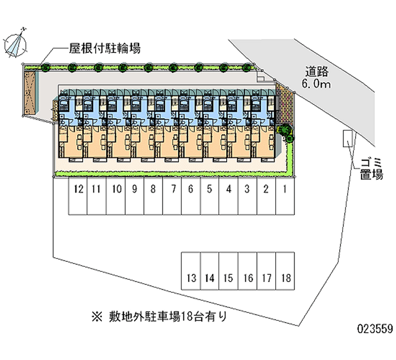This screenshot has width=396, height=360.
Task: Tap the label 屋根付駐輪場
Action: click(104, 49)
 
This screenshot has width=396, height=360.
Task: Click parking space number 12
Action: click(78, 189)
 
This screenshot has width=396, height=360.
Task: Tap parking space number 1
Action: click(285, 189)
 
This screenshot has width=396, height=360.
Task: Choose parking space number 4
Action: click(229, 189)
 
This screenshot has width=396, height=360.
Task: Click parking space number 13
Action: click(191, 278)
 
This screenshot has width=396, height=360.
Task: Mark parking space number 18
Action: click(285, 278)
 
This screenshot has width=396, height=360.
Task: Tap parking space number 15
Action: click(228, 278)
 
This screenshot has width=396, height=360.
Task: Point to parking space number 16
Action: click(247, 278)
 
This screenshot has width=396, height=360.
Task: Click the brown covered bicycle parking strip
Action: click(32, 92)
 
